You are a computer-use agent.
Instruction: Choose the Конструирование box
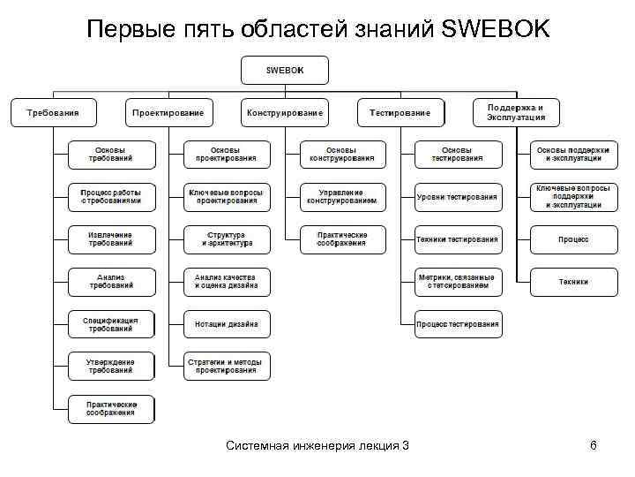(x=285, y=112)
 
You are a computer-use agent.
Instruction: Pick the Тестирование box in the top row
(x=400, y=112)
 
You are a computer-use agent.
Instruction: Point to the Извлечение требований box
(x=111, y=239)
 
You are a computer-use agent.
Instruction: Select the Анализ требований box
(x=111, y=282)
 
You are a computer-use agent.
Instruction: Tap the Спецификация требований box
(x=111, y=324)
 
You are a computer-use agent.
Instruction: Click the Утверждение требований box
(x=111, y=366)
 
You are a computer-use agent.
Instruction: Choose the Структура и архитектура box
(x=227, y=239)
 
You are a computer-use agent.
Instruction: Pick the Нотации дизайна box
(x=227, y=324)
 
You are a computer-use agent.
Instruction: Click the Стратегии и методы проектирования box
(x=227, y=366)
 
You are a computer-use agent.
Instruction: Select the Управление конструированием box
(x=342, y=197)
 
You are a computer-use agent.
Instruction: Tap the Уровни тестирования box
(x=458, y=197)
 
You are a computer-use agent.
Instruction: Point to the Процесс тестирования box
(x=458, y=324)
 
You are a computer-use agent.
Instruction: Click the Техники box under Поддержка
(x=573, y=282)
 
